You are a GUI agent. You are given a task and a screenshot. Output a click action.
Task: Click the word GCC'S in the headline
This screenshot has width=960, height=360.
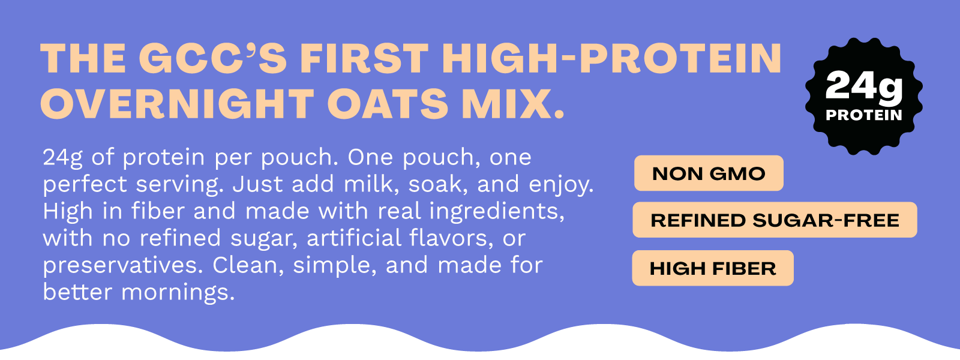pos(213,59)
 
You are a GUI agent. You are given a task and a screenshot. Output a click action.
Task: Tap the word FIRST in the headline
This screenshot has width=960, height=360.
pos(365,59)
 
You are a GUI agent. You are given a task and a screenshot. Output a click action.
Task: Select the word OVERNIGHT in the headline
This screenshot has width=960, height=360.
pos(177,104)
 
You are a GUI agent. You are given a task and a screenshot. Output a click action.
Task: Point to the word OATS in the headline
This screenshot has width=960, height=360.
pos(388,104)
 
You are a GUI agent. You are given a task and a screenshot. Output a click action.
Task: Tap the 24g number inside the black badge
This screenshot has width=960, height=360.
pos(864,88)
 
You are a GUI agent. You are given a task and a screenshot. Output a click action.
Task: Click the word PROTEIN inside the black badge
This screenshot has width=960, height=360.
pos(864,115)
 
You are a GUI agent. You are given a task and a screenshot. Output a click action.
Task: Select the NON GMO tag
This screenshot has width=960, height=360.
pos(709,173)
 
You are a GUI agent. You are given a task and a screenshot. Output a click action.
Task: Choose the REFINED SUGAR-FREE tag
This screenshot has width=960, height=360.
pos(775,220)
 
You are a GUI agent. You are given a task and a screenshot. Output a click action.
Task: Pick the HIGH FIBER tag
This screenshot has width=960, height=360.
pos(713,268)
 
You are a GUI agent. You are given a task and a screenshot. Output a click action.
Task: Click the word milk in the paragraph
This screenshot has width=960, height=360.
pos(368,184)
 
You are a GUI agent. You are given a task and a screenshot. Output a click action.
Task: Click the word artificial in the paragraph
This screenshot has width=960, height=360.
pos(354,238)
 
